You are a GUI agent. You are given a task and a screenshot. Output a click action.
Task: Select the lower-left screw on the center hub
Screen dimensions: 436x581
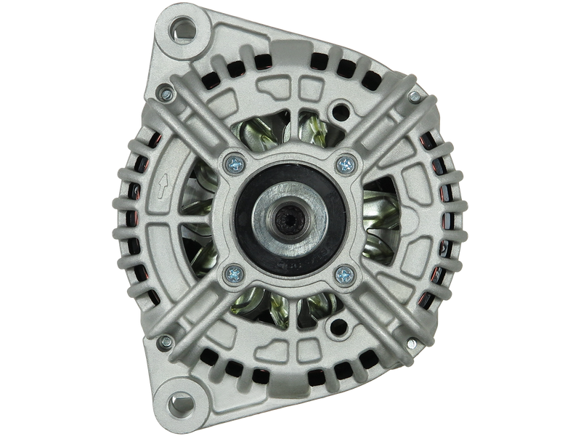(232, 273)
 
